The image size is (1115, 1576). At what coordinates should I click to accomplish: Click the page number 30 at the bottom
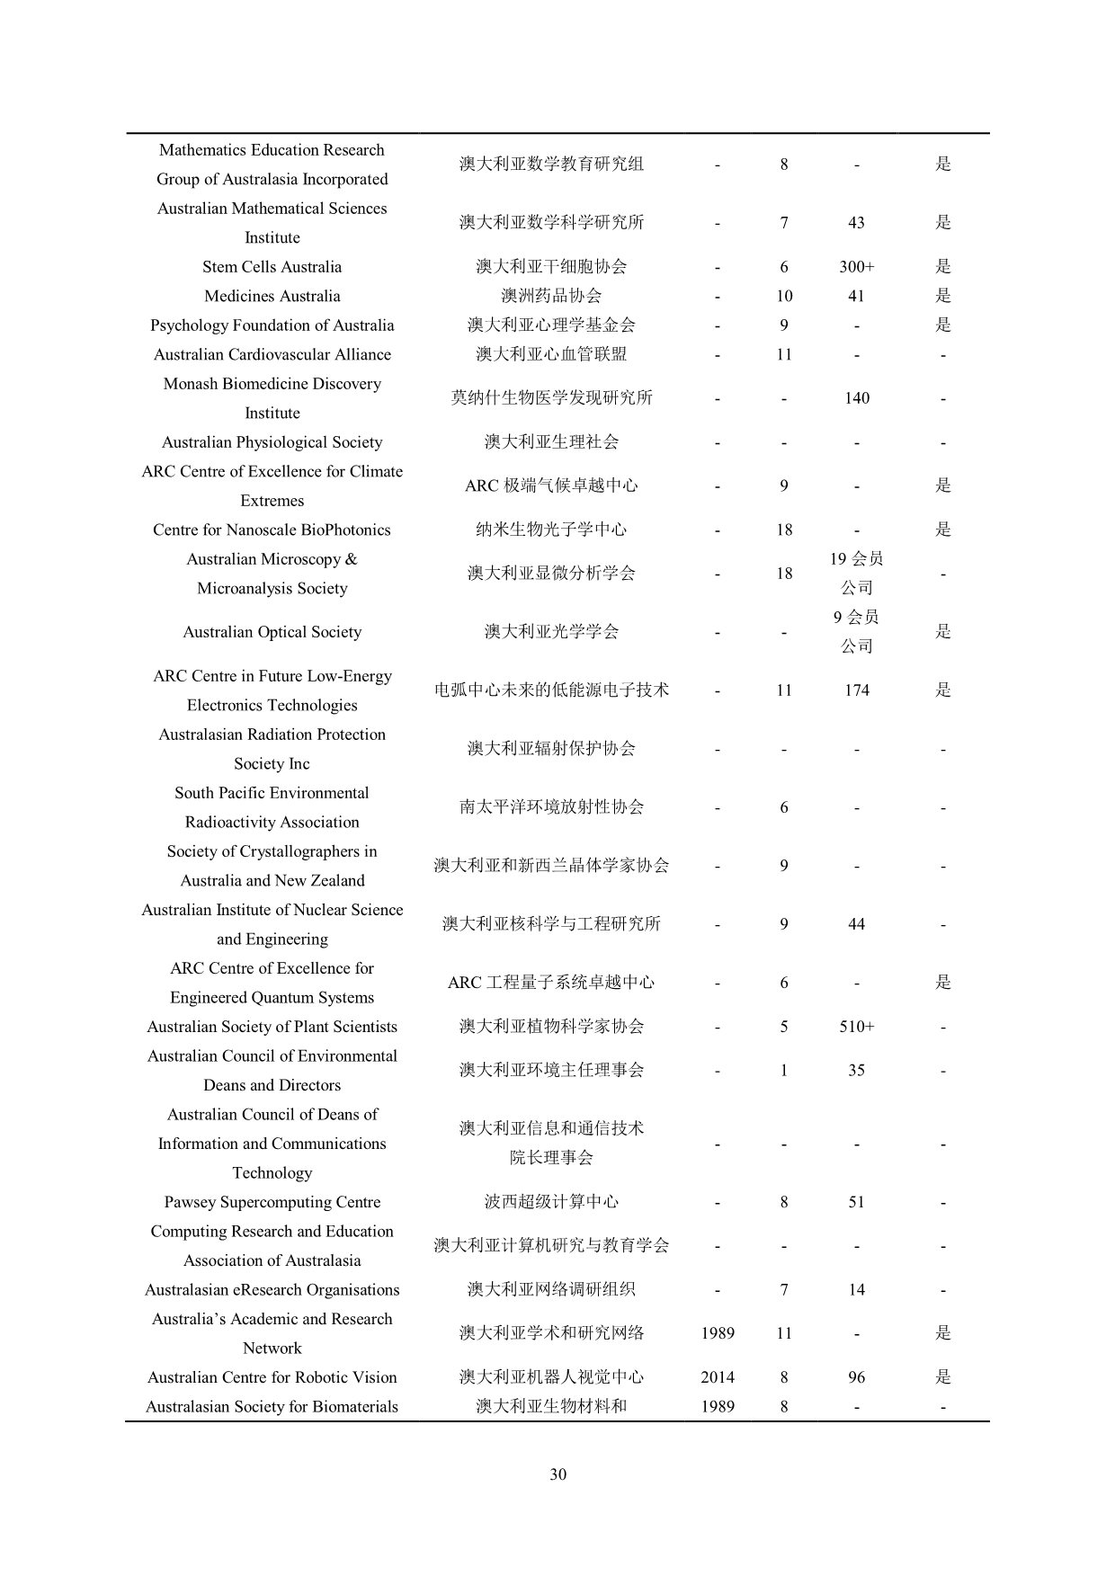pyautogui.click(x=557, y=1474)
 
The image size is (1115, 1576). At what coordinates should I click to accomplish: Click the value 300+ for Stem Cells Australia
pyautogui.click(x=856, y=267)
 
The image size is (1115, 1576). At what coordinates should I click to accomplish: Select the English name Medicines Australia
pyautogui.click(x=272, y=296)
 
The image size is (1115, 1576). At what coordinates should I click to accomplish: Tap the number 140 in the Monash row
pyautogui.click(x=856, y=398)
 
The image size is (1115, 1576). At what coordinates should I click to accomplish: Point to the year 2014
pyautogui.click(x=717, y=1377)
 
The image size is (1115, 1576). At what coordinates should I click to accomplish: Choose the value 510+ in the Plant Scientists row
pyautogui.click(x=856, y=1027)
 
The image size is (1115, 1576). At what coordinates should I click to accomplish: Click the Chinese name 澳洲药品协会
pyautogui.click(x=551, y=296)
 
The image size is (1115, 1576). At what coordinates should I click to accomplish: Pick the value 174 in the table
pyautogui.click(x=856, y=690)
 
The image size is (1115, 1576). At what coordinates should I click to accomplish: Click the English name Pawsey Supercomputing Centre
pyautogui.click(x=272, y=1202)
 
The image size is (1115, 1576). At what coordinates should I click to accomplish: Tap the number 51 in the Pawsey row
pyautogui.click(x=856, y=1202)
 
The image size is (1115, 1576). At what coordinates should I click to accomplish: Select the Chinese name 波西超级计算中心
pyautogui.click(x=551, y=1202)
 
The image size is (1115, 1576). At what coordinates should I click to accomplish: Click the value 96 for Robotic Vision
pyautogui.click(x=856, y=1377)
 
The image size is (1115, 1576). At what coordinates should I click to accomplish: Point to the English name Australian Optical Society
pyautogui.click(x=272, y=632)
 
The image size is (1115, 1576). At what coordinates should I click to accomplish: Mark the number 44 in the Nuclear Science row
pyautogui.click(x=856, y=924)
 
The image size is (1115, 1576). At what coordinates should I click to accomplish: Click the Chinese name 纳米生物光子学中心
pyautogui.click(x=551, y=530)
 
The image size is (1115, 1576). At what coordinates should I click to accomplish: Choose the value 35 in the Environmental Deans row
pyautogui.click(x=856, y=1071)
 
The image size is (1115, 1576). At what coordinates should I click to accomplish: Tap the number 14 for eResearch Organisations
pyautogui.click(x=856, y=1290)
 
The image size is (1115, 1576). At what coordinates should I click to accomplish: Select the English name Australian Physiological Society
pyautogui.click(x=272, y=442)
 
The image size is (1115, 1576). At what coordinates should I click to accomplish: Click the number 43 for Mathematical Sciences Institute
pyautogui.click(x=856, y=223)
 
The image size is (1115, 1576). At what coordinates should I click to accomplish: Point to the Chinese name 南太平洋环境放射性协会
pyautogui.click(x=551, y=807)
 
